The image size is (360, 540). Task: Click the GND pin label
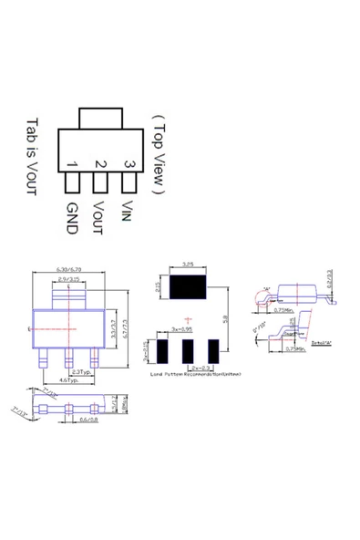[x=72, y=218]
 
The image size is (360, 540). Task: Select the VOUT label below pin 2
[x=100, y=217]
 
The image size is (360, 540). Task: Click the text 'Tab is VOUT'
[x=32, y=156]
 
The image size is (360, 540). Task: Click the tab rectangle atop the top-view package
[x=100, y=119]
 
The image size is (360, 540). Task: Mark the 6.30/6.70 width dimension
[x=69, y=271]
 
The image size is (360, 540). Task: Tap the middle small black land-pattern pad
[x=188, y=350]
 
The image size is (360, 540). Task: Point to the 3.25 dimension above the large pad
[x=188, y=265]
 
